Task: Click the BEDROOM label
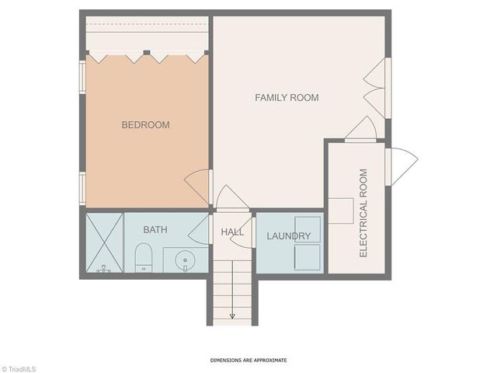145,124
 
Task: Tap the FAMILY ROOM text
287,97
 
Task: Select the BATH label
155,230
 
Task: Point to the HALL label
232,232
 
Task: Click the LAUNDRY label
289,236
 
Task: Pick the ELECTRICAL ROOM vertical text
363,213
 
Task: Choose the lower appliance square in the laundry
311,258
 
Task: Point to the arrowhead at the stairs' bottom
231,316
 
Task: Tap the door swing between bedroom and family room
197,186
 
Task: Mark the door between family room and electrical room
360,129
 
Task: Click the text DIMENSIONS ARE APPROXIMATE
248,361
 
